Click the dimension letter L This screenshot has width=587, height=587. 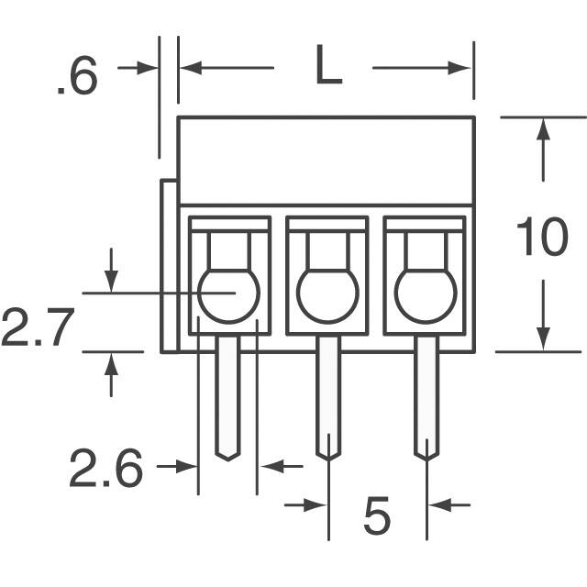(327, 67)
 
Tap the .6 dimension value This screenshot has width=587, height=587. (76, 79)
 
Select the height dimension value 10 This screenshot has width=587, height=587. (541, 238)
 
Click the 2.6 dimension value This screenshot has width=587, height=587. (106, 471)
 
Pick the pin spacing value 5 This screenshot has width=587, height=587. (377, 516)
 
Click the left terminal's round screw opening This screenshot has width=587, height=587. (228, 293)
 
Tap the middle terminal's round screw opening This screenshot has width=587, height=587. (327, 293)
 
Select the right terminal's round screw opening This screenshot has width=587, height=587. (425, 293)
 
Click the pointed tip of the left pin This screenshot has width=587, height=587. (227, 456)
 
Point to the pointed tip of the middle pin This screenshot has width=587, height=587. (327, 456)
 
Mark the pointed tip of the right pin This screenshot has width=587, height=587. (425, 456)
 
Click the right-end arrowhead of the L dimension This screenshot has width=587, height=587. (463, 67)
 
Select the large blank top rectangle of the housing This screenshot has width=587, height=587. (326, 160)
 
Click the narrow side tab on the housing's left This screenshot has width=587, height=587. (169, 266)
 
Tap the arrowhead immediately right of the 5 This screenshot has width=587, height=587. (437, 504)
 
